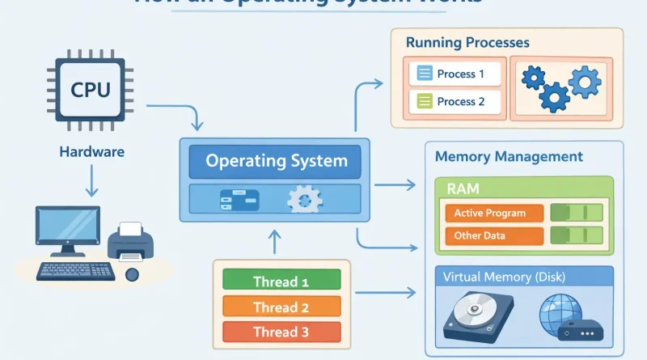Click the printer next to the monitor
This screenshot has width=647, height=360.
(132, 240)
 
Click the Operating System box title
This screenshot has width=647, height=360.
(277, 160)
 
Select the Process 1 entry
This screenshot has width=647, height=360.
(455, 74)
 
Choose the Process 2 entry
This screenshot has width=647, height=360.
(455, 102)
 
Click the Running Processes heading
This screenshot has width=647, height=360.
(467, 42)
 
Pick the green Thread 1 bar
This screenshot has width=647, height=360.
(281, 282)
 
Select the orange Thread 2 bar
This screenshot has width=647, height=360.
(281, 307)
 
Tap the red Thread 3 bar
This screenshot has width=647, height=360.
(281, 332)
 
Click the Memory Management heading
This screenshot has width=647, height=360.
(509, 155)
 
